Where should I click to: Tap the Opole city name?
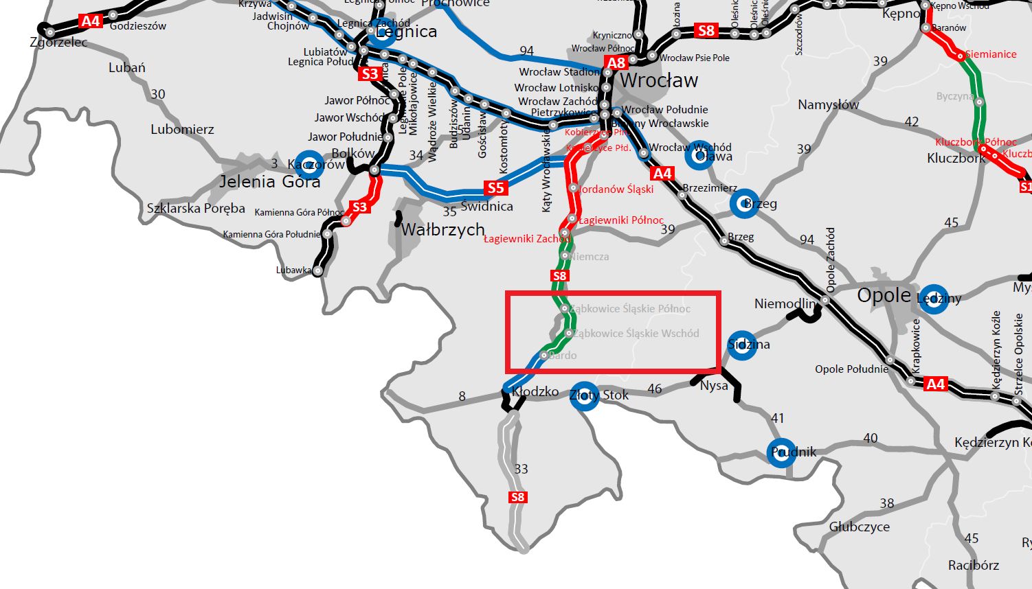[x=884, y=296]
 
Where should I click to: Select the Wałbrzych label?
[x=442, y=229]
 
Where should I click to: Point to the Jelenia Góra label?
[x=269, y=182]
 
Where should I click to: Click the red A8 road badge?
[x=616, y=63]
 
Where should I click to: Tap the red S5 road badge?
[x=495, y=188]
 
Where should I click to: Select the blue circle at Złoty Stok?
[x=584, y=396]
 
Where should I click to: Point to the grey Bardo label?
[x=563, y=356]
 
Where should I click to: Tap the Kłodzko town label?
[x=535, y=392]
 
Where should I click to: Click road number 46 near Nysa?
[x=655, y=389]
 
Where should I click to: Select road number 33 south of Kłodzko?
[x=521, y=469]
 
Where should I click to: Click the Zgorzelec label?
[x=59, y=43]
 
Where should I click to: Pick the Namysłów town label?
[x=828, y=105]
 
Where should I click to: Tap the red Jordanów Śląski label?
[x=616, y=189]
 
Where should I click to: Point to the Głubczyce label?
[x=859, y=527]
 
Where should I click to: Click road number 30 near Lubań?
[x=158, y=94]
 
